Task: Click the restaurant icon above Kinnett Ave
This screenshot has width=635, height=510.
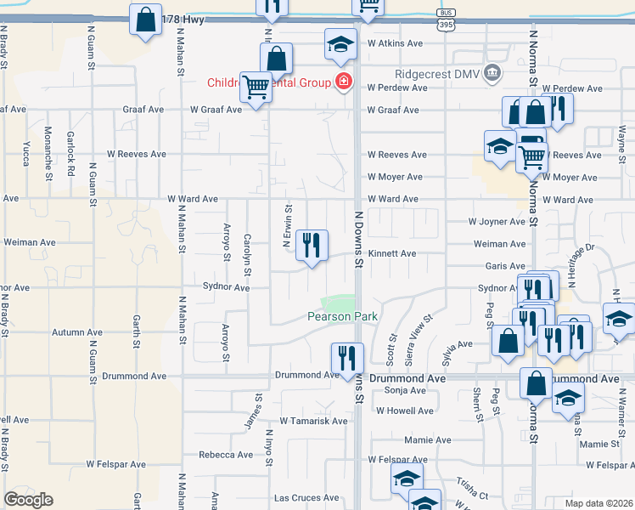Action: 312,246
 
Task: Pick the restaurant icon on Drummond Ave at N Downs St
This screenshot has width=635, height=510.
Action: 346,359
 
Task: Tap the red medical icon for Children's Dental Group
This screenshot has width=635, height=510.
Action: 344,82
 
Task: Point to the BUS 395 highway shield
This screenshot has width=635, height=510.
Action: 445,18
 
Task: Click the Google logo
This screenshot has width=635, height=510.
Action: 28,500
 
